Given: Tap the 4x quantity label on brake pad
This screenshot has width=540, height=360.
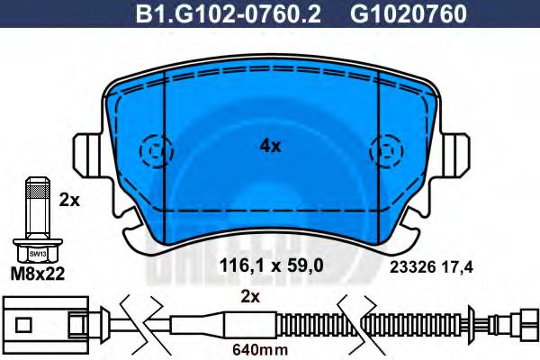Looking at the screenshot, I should (x=270, y=145).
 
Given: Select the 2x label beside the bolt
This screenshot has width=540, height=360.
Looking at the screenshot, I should (x=69, y=202).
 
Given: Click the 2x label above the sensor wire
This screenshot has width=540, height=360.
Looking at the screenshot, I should (x=251, y=296).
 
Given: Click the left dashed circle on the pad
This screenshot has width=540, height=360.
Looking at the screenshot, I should (x=156, y=148).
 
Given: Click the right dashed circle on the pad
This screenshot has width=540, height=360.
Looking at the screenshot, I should (x=385, y=148).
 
